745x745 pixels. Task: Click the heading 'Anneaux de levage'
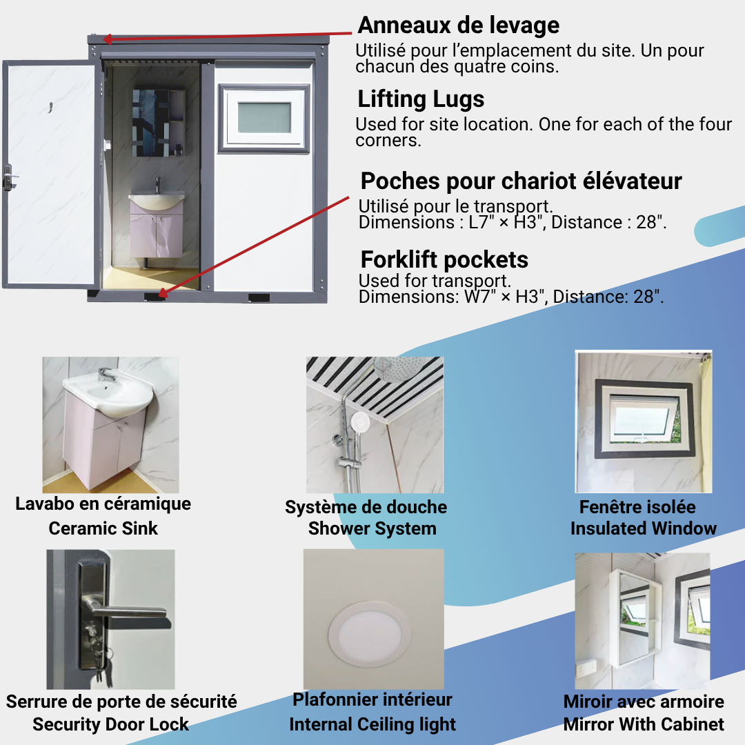point(459,26)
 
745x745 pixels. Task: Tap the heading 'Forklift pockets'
point(444,260)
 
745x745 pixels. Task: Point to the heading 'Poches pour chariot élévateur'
point(521,181)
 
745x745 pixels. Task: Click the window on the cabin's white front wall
point(264,119)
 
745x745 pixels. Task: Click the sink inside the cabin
point(157,200)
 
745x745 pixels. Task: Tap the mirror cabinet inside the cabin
point(159,123)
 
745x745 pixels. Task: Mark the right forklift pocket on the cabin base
point(259,298)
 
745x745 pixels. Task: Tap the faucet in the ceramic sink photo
point(107,375)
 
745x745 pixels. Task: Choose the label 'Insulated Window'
point(644,528)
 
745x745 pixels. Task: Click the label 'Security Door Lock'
point(110,724)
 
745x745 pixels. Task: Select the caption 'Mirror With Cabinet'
point(644,724)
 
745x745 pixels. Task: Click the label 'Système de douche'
point(366,508)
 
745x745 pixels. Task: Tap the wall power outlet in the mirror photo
point(586,669)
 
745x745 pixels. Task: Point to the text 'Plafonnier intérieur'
point(372,699)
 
